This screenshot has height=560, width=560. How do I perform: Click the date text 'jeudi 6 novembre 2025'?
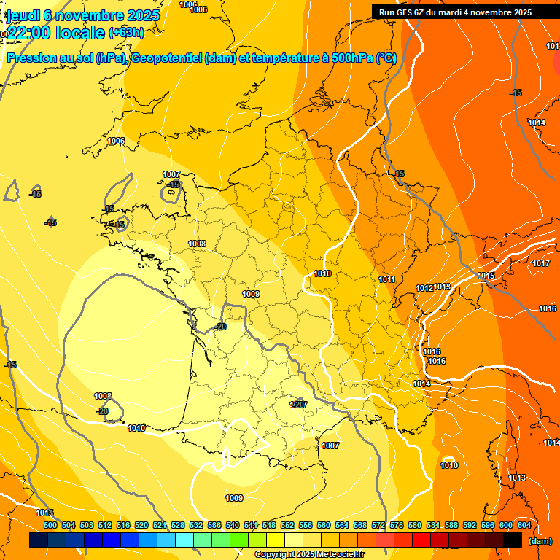click(x=82, y=15)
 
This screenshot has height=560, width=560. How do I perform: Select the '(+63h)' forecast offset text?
click(x=126, y=32)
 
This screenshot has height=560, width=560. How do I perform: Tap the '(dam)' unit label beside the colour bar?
click(x=540, y=541)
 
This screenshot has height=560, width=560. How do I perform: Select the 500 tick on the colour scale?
click(x=50, y=525)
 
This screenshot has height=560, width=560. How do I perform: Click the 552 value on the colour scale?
click(x=287, y=525)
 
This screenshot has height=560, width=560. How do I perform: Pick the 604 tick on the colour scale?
click(x=524, y=525)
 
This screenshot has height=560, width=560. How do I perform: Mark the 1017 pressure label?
click(x=540, y=263)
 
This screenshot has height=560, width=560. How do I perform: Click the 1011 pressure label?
click(x=387, y=280)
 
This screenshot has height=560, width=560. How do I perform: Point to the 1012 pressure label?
click(x=424, y=289)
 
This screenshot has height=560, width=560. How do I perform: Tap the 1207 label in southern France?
click(x=299, y=405)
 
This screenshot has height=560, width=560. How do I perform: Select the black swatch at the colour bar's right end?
click(x=513, y=540)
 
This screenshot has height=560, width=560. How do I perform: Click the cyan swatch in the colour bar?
click(x=184, y=540)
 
